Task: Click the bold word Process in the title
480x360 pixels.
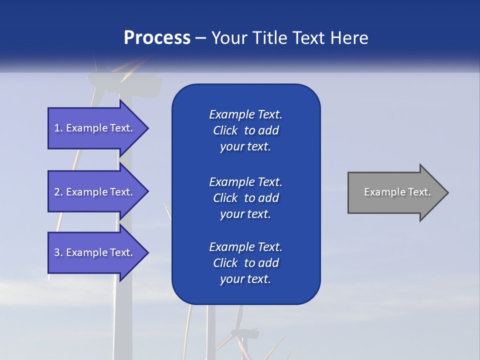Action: point(157,38)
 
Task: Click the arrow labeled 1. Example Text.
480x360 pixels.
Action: point(95,128)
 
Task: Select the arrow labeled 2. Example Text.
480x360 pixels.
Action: point(95,192)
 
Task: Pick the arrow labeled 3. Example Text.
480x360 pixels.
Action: point(95,252)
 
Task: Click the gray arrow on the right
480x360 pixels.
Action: point(395,192)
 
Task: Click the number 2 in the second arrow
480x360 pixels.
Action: point(57,192)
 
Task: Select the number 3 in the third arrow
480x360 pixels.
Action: point(57,252)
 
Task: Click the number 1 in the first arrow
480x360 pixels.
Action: point(57,128)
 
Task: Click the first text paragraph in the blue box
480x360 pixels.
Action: point(245,130)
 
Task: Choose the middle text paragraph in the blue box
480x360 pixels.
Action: point(245,197)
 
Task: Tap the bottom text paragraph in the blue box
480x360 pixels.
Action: point(245,263)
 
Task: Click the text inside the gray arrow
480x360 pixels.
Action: point(397,192)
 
